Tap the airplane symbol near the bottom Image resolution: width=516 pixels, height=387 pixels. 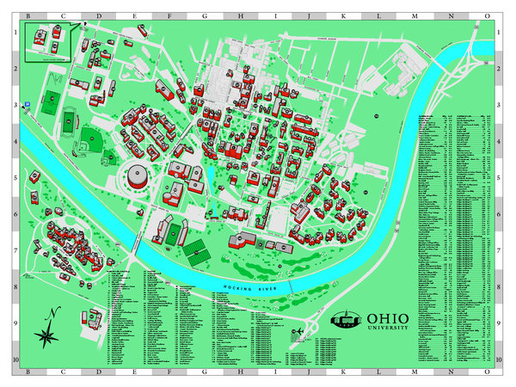click(x=298, y=332)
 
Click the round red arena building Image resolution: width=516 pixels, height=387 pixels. click(x=137, y=178)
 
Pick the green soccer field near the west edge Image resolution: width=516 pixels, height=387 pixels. click(x=51, y=101)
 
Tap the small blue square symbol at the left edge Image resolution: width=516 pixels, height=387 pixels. click(x=28, y=104)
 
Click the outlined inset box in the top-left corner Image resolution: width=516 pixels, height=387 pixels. click(x=48, y=43)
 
